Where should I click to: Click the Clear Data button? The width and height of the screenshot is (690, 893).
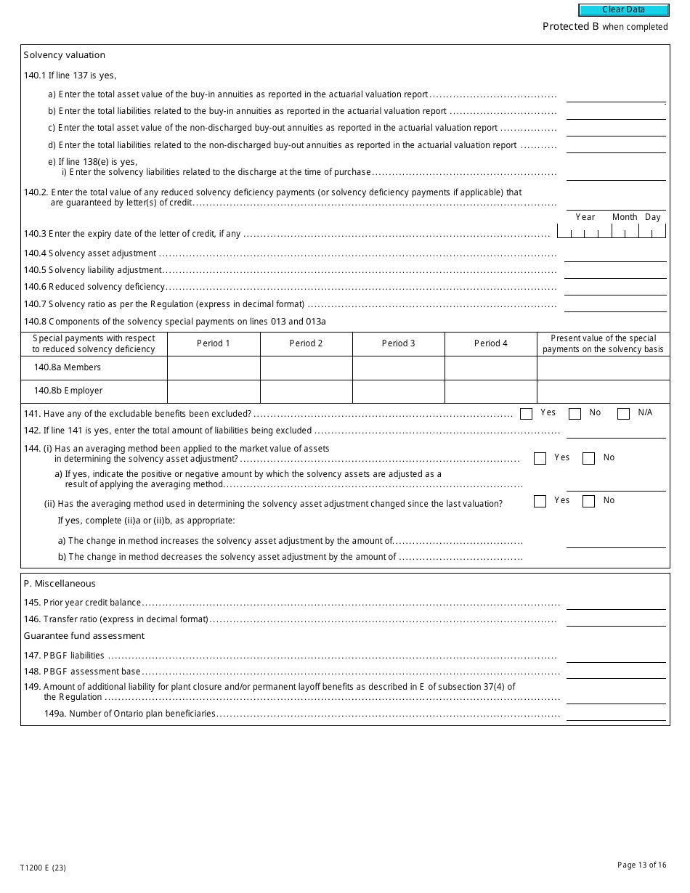[x=623, y=10]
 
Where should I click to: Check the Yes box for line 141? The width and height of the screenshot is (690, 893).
[x=527, y=414]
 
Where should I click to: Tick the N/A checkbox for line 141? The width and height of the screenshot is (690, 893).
[x=623, y=414]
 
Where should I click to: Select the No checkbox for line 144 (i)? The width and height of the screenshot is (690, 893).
[x=588, y=458]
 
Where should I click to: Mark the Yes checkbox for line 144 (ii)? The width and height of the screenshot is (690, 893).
[x=540, y=501]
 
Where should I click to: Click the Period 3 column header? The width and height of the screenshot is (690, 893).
[x=398, y=343]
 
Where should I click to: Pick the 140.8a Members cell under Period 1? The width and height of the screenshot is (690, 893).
[x=214, y=368]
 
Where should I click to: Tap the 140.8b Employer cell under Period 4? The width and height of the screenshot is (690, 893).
[x=490, y=391]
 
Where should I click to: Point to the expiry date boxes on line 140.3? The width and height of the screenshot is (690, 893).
[x=611, y=232]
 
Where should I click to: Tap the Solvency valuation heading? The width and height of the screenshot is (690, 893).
[x=65, y=55]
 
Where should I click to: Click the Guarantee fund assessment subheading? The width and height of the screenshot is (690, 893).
[x=84, y=636]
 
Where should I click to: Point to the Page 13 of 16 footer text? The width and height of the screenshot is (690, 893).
[x=641, y=865]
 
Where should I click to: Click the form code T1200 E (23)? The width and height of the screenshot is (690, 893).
[x=43, y=868]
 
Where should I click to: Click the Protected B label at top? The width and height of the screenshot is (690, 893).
[x=571, y=27]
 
